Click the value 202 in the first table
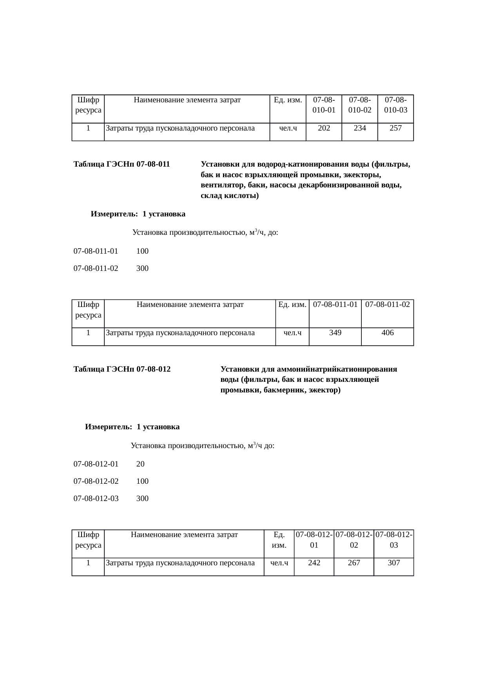tap(324, 128)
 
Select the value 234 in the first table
tap(360, 128)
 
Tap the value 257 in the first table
tap(395, 128)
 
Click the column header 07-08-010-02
tap(360, 105)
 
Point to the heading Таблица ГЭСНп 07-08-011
tap(121, 164)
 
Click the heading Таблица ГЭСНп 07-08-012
tap(122, 369)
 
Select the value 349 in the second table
tap(335, 333)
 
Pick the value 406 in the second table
tap(387, 333)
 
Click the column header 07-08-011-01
tap(335, 305)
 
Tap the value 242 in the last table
tap(314, 563)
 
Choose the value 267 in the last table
tap(354, 563)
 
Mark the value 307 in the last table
tap(394, 563)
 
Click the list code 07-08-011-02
tap(96, 269)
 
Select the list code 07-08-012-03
tap(96, 499)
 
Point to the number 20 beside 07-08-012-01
tap(140, 464)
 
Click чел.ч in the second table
tap(292, 333)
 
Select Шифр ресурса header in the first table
tap(88, 105)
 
